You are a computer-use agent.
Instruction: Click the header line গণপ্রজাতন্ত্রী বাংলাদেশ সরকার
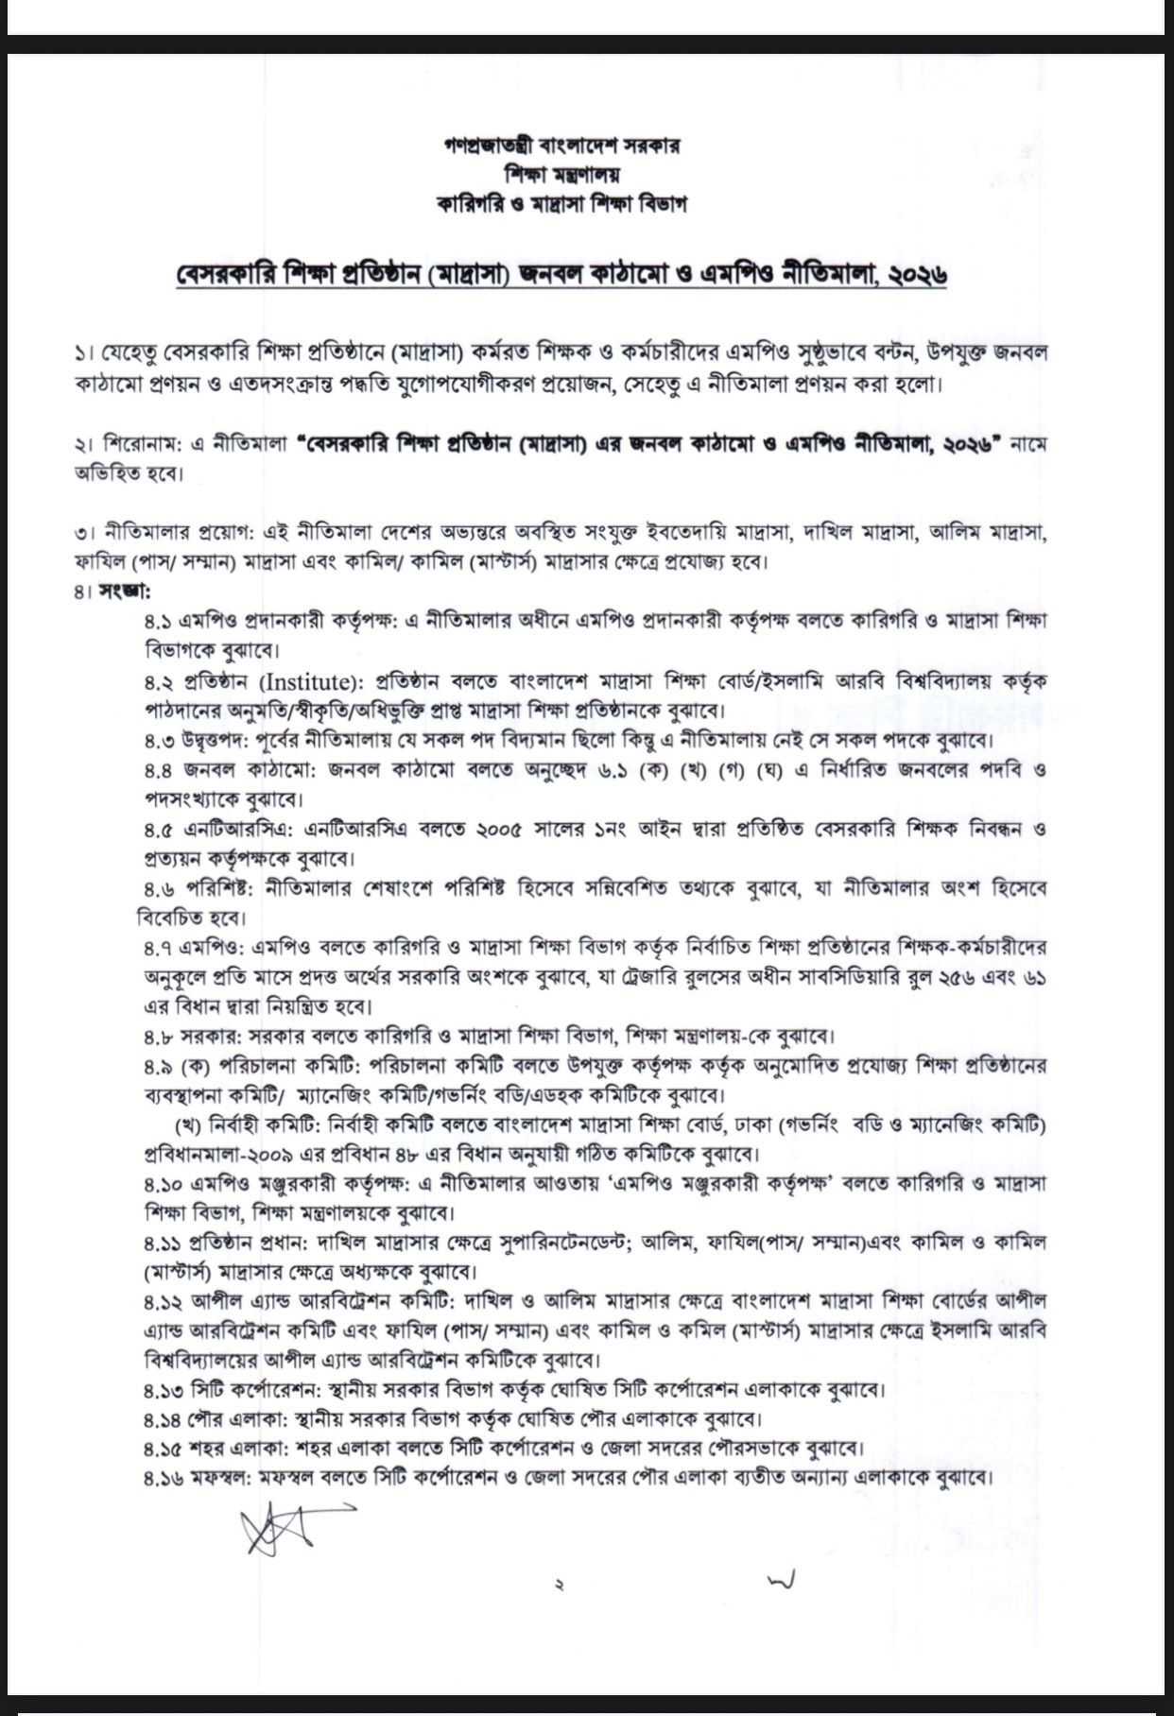[x=561, y=146]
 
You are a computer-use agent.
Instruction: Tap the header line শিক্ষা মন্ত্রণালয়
[x=561, y=175]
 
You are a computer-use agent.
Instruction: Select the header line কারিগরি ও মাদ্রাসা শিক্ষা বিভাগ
[x=561, y=203]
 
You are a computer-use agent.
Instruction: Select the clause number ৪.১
[x=158, y=622]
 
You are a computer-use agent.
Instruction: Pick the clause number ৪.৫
[x=158, y=830]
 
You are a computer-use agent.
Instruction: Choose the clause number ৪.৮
[x=158, y=1037]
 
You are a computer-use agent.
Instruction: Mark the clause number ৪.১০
[x=163, y=1184]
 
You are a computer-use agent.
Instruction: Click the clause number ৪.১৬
[x=163, y=1478]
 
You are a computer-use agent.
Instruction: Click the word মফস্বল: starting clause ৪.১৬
[x=221, y=1478]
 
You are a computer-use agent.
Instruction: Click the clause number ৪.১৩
[x=163, y=1390]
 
